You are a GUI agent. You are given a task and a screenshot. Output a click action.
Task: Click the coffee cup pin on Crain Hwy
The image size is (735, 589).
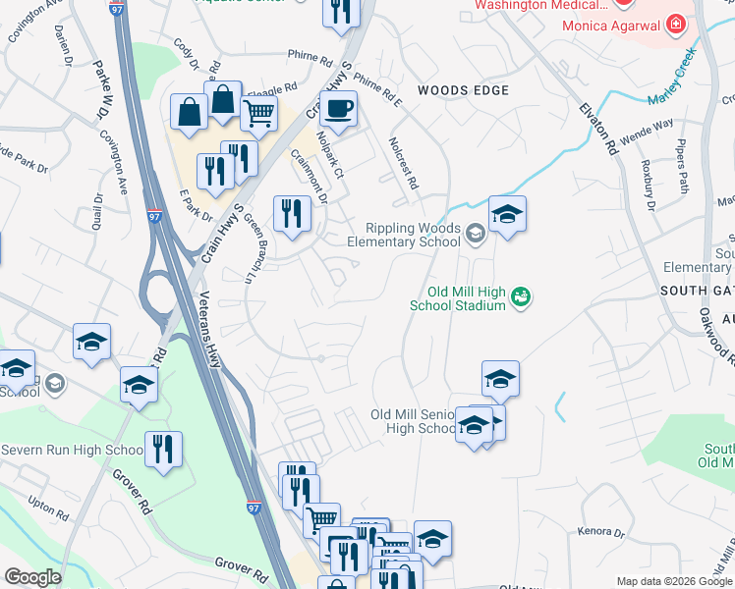point(338,109)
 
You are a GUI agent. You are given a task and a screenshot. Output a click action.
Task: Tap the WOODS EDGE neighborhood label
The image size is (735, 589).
point(463,90)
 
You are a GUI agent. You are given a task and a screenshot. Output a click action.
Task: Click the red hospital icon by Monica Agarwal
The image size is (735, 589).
point(676,23)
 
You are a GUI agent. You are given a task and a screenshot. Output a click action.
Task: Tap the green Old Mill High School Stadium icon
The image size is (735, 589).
point(522,295)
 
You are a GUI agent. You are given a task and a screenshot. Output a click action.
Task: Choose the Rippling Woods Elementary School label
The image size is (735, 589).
point(413,235)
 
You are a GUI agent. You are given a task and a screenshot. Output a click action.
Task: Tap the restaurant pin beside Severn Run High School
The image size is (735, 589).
point(163,450)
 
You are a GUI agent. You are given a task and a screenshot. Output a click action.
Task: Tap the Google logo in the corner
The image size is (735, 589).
point(33,577)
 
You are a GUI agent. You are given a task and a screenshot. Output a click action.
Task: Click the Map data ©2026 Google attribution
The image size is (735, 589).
point(673,581)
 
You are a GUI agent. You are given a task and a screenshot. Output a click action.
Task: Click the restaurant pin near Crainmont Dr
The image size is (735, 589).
point(291,213)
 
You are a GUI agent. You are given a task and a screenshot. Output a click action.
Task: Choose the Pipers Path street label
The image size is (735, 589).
point(680,162)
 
